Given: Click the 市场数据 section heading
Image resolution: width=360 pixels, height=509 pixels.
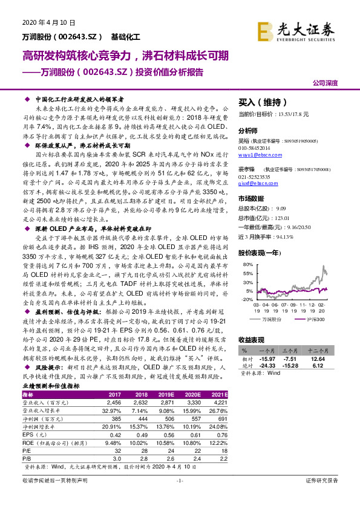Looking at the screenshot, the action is click(252, 198).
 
